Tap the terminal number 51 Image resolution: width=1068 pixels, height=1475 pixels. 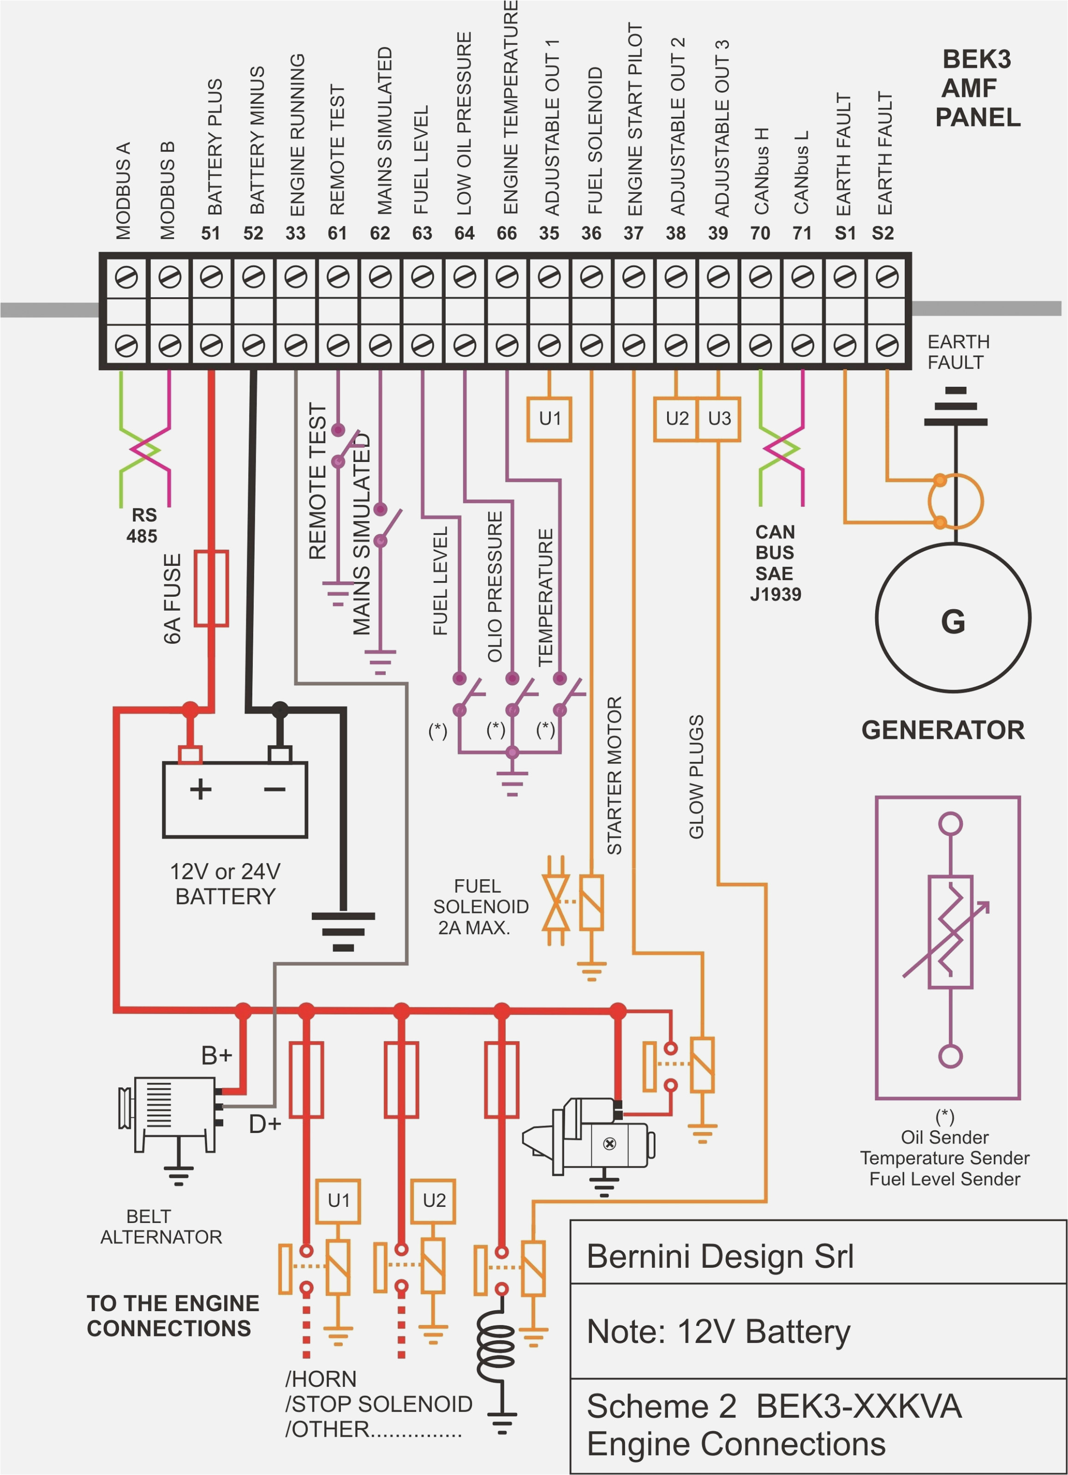tap(211, 233)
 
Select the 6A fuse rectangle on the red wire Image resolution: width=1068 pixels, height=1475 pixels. tap(211, 588)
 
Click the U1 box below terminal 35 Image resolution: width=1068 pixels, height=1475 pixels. tap(549, 419)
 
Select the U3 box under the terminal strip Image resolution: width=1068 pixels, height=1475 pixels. tap(719, 419)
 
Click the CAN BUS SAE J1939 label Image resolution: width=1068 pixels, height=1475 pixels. tap(775, 563)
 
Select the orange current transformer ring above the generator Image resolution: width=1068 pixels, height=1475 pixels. tap(955, 501)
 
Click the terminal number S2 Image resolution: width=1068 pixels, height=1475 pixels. tap(882, 233)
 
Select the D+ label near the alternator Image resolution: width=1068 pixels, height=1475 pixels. tap(264, 1124)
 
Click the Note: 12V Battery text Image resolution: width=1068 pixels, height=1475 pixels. tap(718, 1331)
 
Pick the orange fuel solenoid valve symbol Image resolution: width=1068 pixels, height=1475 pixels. tap(556, 901)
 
